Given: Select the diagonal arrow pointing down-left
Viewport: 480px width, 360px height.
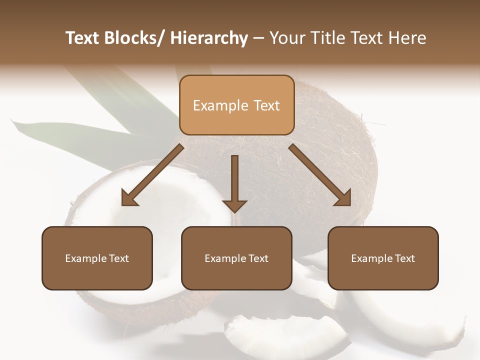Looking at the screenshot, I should click(x=152, y=175).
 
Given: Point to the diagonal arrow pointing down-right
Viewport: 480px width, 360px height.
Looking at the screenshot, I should click(x=320, y=175).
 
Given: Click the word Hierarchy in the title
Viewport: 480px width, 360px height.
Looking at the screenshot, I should click(x=209, y=38).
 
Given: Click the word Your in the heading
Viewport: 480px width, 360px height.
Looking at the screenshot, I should click(x=285, y=38).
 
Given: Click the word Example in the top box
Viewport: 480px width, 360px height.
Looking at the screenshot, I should click(x=220, y=105).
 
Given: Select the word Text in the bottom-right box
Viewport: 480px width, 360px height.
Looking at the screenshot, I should click(x=404, y=258).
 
